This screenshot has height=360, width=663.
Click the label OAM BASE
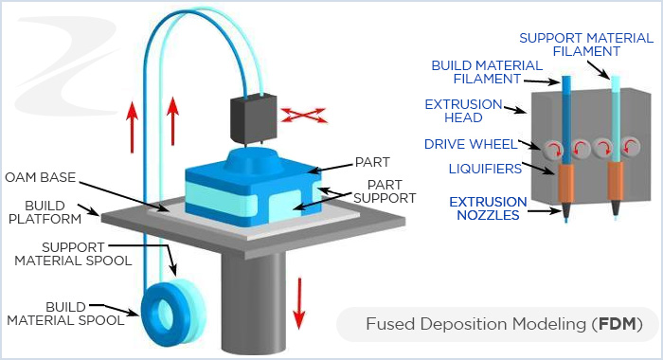tap(41, 177)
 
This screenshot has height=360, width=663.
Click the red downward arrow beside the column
tap(301, 297)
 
